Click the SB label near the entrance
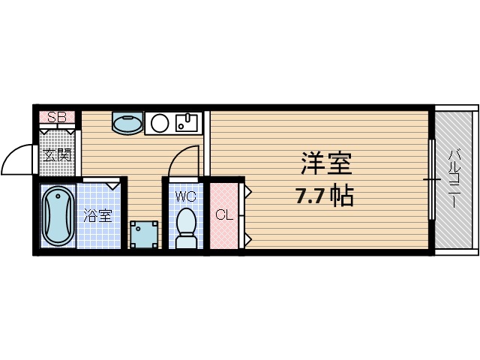pyautogui.click(x=57, y=117)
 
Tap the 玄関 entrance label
pyautogui.click(x=57, y=155)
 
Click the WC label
pyautogui.click(x=185, y=197)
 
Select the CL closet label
pyautogui.click(x=224, y=216)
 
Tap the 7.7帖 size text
pyautogui.click(x=324, y=197)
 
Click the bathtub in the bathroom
pyautogui.click(x=58, y=217)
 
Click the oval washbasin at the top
pyautogui.click(x=127, y=122)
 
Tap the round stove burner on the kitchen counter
pyautogui.click(x=160, y=122)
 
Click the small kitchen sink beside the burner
pyautogui.click(x=187, y=122)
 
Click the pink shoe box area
pyautogui.click(x=57, y=117)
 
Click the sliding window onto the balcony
pyautogui.click(x=431, y=180)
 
